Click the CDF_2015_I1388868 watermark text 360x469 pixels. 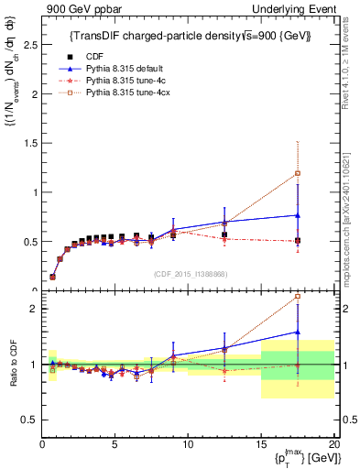[190, 273]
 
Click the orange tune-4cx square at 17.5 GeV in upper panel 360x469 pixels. [297, 173]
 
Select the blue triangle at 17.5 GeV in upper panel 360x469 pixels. [297, 215]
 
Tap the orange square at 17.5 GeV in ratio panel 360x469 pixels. [297, 297]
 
